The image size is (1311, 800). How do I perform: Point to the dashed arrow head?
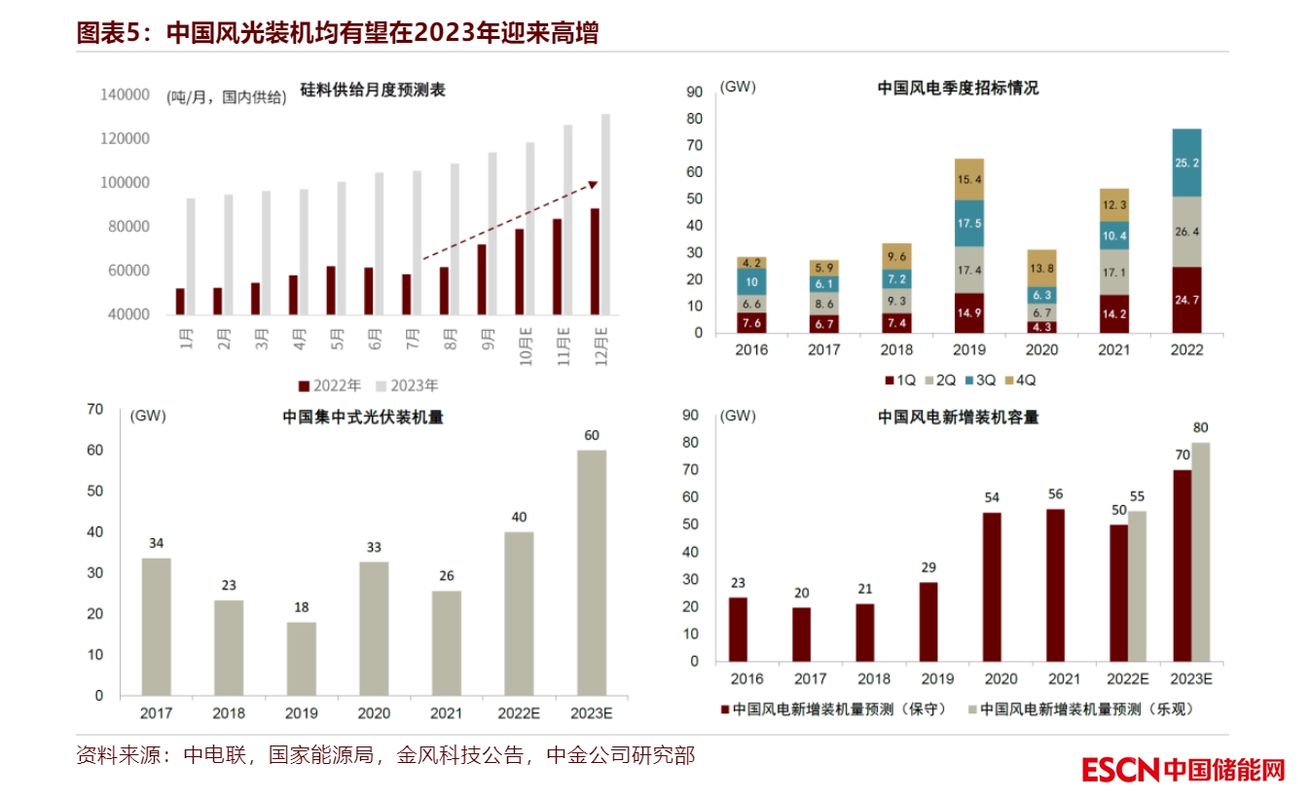point(595,183)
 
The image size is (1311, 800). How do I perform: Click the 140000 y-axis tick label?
point(124,95)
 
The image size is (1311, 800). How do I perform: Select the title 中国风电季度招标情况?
point(958,88)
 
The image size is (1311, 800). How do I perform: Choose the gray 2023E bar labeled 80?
point(1201,552)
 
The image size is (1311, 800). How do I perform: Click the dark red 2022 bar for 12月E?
point(595,261)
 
